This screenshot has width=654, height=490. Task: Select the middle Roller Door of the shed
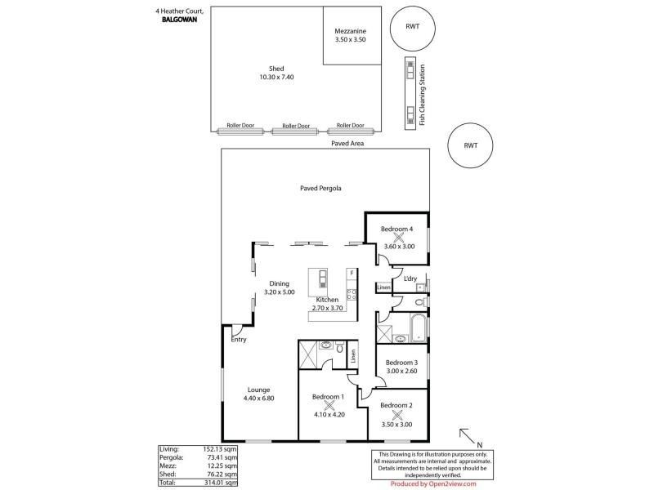click(295, 127)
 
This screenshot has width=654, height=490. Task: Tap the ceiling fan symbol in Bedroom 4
click(399, 238)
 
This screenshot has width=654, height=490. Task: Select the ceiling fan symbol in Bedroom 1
click(329, 404)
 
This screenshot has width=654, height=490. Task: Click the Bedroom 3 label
click(401, 363)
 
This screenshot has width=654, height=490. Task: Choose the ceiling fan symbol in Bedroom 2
click(397, 414)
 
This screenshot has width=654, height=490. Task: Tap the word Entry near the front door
click(239, 340)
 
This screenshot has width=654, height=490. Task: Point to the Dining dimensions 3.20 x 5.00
click(280, 292)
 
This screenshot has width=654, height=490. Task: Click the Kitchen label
click(327, 300)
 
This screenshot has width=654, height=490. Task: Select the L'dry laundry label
click(410, 278)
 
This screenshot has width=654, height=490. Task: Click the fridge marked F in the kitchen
click(351, 272)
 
